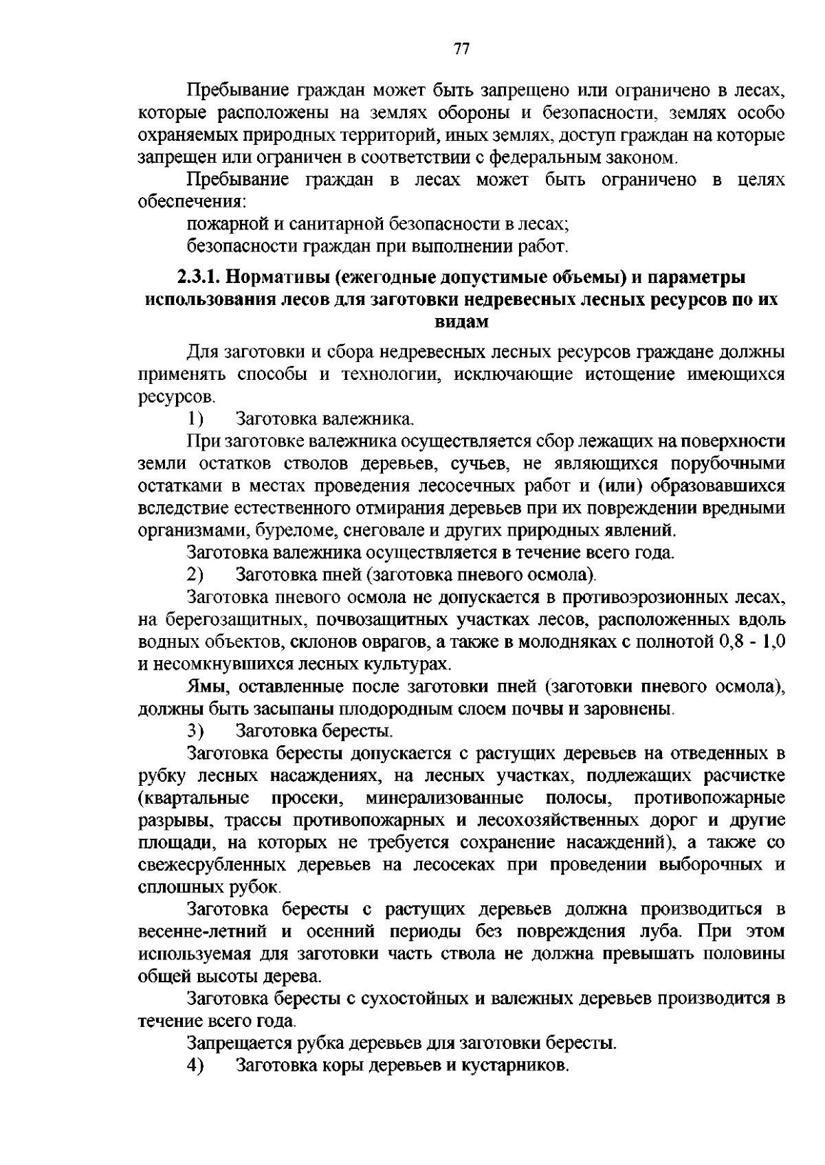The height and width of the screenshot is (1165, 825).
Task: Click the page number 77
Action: [461, 49]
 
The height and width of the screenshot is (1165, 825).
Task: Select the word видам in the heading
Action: [461, 322]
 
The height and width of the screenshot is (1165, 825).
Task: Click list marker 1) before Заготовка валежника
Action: [195, 418]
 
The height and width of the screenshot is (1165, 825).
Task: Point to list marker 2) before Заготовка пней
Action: [195, 574]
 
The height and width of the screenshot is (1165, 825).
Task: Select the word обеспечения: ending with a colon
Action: [193, 203]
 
